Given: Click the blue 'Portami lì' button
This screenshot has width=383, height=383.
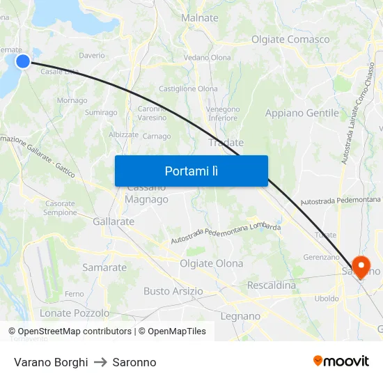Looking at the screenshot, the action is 191,171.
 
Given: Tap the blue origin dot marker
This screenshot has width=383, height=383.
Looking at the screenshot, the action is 23,61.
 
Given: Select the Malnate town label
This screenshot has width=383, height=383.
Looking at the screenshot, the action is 199,18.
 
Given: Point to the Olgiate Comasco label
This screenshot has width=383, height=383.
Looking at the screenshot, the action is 290,39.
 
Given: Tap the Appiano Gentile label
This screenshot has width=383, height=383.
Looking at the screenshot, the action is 302,113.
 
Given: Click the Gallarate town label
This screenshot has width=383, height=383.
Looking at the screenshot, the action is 113,221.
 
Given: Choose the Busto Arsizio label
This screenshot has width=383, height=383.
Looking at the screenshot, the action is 173,291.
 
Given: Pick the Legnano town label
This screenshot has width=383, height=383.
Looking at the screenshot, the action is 240,316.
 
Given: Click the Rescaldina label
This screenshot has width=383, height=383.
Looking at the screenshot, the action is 272,286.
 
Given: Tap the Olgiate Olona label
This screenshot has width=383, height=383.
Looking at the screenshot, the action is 212,263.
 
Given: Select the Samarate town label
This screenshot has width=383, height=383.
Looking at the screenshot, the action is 104,267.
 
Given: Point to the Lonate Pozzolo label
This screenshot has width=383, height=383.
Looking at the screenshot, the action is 75,313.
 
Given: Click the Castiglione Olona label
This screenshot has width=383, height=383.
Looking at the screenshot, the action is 188,89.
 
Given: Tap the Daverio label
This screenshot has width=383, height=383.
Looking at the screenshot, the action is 92,55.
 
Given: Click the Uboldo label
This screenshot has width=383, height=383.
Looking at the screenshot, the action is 327,298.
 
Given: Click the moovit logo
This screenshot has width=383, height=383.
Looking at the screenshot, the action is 341,361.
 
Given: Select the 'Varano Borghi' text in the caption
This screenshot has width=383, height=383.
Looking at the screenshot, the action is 51,362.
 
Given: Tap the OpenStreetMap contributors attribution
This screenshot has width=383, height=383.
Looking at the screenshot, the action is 70,331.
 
